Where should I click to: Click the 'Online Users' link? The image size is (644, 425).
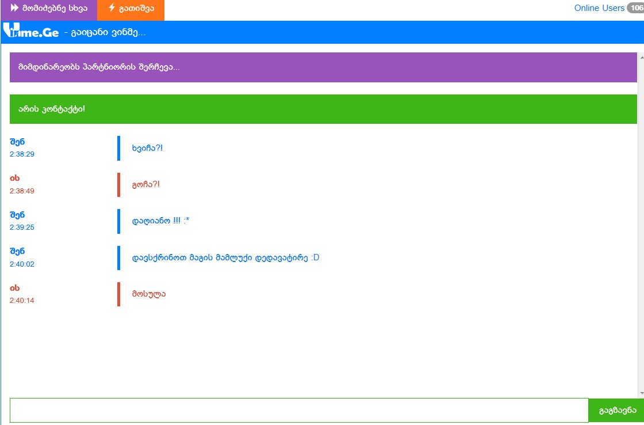(599, 8)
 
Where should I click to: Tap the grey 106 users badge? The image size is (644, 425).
(636, 8)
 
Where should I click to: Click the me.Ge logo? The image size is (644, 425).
(31, 31)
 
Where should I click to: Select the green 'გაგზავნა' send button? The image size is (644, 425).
(616, 410)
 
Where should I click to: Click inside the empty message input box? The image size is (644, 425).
(299, 410)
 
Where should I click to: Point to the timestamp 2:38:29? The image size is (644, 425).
(22, 154)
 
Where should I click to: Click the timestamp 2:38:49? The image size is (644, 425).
(22, 191)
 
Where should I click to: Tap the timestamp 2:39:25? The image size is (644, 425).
(22, 227)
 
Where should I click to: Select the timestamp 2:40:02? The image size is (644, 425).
(22, 264)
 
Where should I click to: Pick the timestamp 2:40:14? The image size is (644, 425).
(22, 301)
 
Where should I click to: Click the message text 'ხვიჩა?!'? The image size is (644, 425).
(147, 148)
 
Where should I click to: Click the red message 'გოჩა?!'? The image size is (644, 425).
(146, 185)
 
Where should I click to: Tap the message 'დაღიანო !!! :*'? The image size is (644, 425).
(160, 221)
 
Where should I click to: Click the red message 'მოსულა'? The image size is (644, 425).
(149, 294)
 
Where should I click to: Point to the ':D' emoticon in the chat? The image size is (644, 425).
(315, 258)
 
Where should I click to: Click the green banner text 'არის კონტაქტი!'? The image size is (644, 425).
(52, 109)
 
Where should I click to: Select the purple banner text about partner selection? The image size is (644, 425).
(99, 67)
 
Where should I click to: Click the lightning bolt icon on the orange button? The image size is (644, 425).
(112, 8)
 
